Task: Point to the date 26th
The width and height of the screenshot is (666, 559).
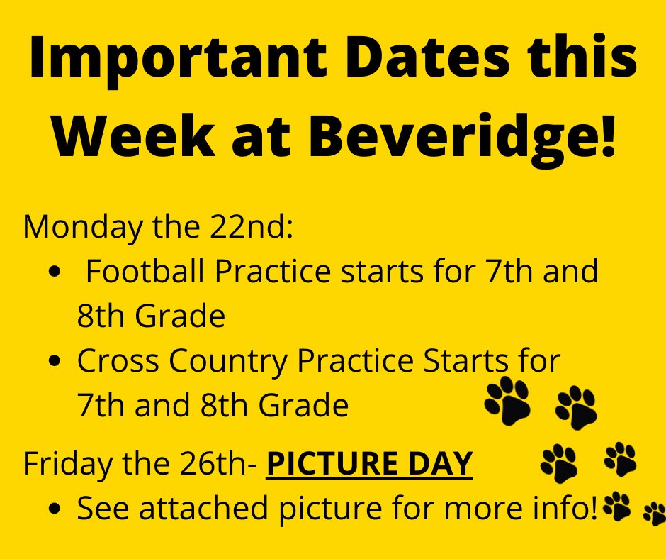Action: (221, 465)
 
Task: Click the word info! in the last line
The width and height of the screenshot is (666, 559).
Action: (564, 508)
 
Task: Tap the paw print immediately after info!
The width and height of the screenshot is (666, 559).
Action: (616, 506)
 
